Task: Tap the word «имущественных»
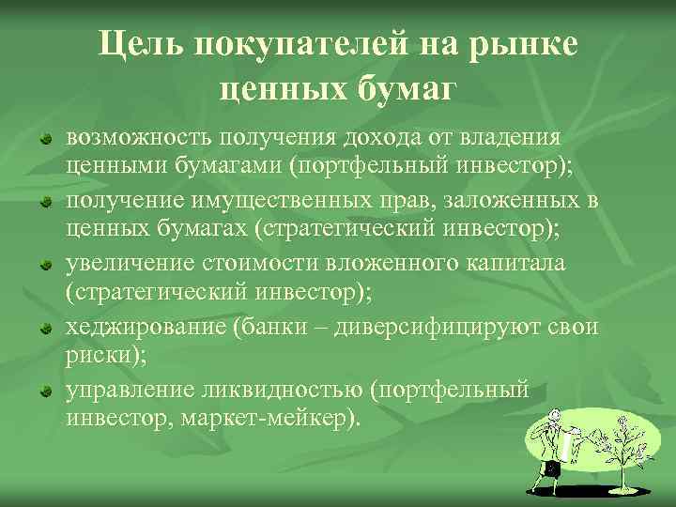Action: point(272,201)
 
